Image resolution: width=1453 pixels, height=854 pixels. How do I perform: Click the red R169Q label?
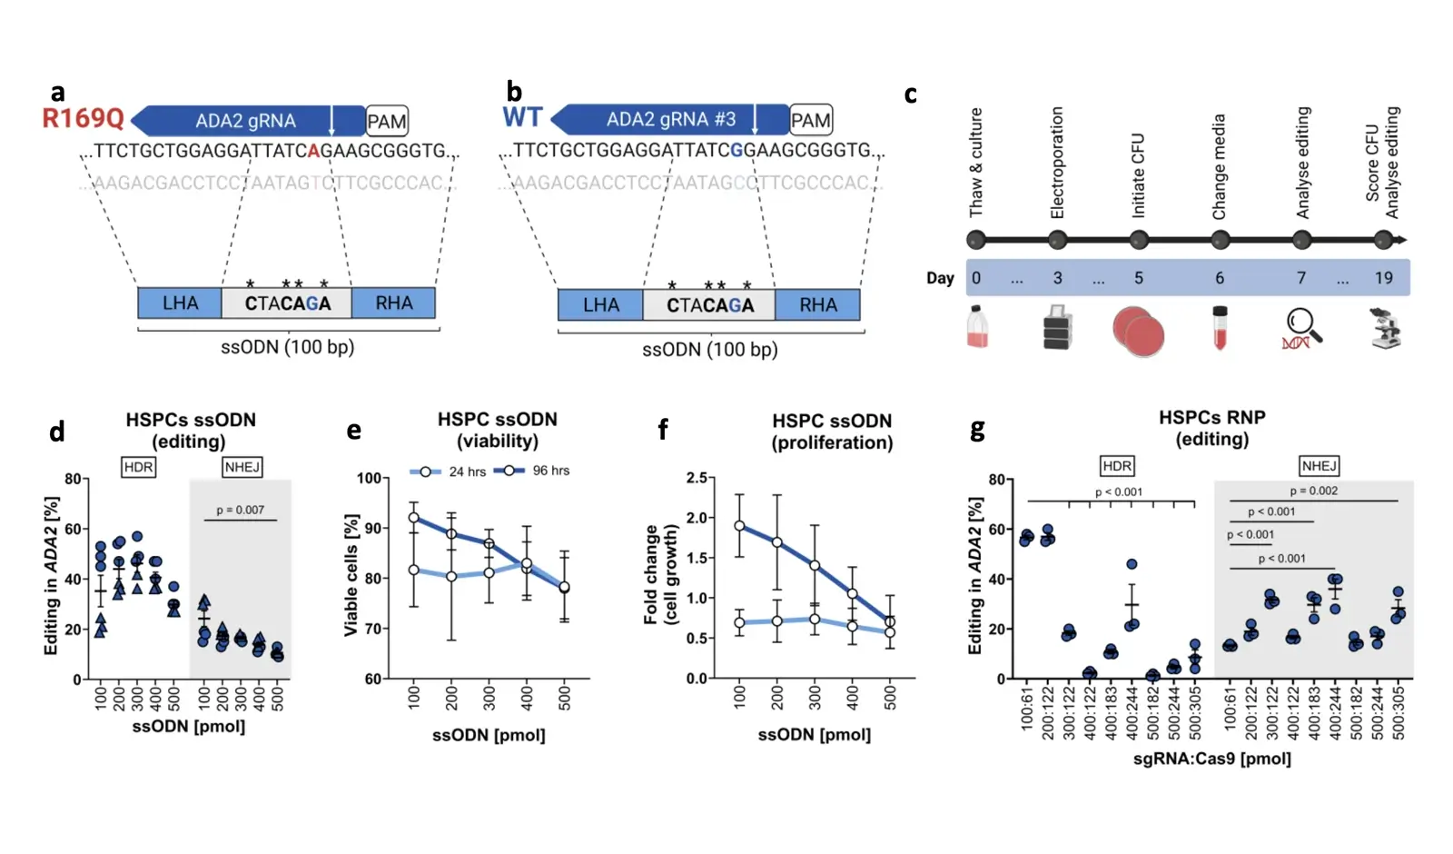click(83, 119)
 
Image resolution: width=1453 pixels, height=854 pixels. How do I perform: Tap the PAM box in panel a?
click(387, 122)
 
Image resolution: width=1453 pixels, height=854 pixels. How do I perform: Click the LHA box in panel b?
click(600, 305)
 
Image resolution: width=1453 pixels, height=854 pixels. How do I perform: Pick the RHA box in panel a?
click(393, 303)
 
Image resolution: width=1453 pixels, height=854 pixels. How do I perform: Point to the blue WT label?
click(522, 118)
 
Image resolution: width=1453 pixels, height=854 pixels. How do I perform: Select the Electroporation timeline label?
click(1057, 163)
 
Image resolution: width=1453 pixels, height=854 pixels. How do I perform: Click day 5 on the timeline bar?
click(1138, 278)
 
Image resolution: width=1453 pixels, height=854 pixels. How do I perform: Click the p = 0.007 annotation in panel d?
click(240, 510)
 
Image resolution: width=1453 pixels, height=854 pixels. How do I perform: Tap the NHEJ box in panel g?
click(1319, 466)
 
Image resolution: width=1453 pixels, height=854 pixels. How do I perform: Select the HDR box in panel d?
click(138, 467)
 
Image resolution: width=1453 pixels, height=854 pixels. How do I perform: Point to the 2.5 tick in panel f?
click(697, 478)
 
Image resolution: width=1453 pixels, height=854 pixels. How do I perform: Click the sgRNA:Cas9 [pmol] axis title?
click(1211, 758)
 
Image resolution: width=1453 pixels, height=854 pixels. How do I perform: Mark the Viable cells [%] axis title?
click(351, 574)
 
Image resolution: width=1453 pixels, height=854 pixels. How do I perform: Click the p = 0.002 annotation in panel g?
click(1313, 491)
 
